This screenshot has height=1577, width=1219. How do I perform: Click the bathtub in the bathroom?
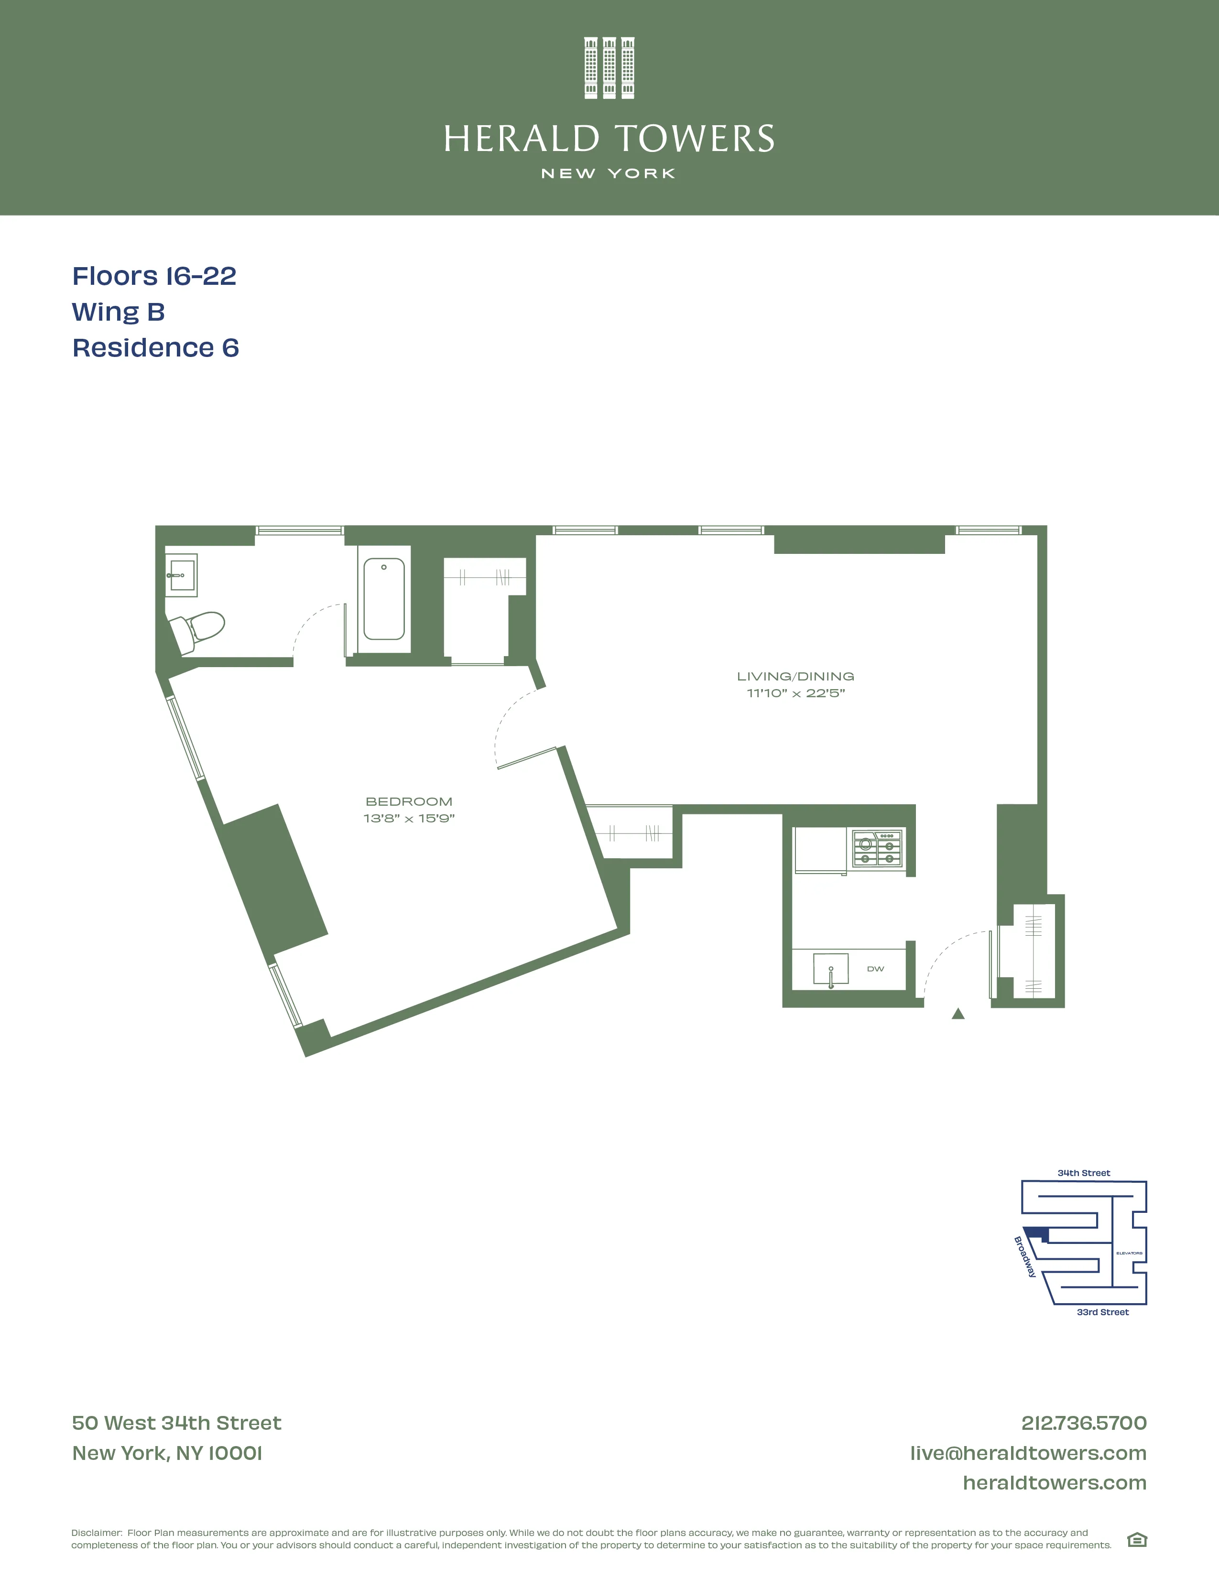coord(383,599)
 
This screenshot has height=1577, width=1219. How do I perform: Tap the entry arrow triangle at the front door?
coord(958,1014)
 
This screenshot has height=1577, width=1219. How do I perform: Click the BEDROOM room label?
coord(409,801)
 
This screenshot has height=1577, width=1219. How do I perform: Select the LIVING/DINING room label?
coord(795,677)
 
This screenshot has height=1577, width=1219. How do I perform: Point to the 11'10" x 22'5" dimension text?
coord(795,693)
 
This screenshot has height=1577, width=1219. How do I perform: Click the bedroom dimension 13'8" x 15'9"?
coord(409,818)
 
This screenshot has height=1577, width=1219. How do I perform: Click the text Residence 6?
coord(155,348)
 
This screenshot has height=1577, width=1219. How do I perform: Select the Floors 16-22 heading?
coord(154,276)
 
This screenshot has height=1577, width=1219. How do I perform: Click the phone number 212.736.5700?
coord(1083,1423)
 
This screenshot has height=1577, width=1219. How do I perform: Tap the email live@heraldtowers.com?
coord(1028,1453)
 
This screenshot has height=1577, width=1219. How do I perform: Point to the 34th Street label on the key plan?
coord(1083,1173)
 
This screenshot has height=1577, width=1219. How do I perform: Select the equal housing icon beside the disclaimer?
coord(1137,1540)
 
